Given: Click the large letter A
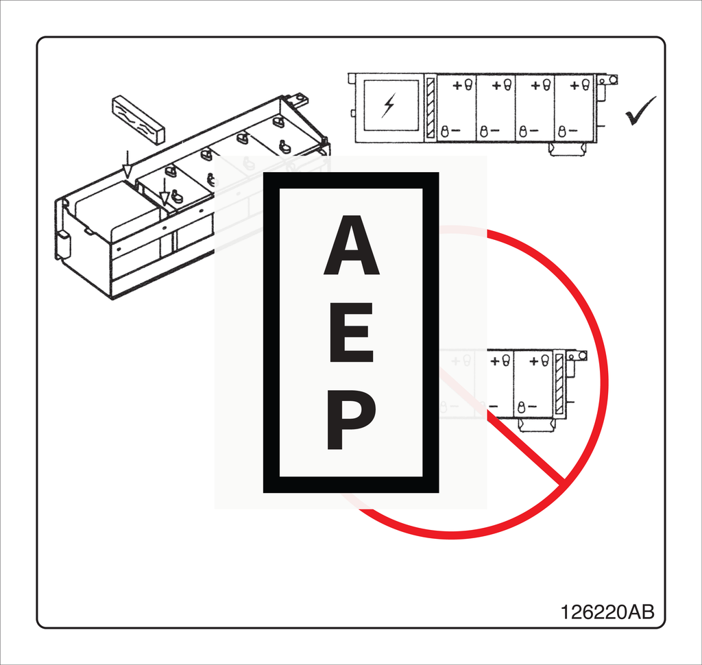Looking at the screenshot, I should pyautogui.click(x=351, y=246).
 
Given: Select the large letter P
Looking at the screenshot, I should pyautogui.click(x=350, y=420).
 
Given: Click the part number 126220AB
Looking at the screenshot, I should pyautogui.click(x=607, y=612).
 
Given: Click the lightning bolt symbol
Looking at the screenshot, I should pyautogui.click(x=389, y=105).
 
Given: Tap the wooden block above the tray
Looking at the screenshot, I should pyautogui.click(x=138, y=119).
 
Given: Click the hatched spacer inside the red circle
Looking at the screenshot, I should pyautogui.click(x=558, y=384).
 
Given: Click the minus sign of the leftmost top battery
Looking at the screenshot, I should pyautogui.click(x=456, y=130).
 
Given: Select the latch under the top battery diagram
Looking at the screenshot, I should pyautogui.click(x=567, y=149).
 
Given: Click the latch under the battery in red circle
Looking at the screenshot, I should pyautogui.click(x=536, y=424).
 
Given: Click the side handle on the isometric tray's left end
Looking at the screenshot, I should pyautogui.click(x=62, y=244).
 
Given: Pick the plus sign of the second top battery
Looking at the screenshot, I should pyautogui.click(x=496, y=85).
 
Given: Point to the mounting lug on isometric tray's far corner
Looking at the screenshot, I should pyautogui.click(x=298, y=100).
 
